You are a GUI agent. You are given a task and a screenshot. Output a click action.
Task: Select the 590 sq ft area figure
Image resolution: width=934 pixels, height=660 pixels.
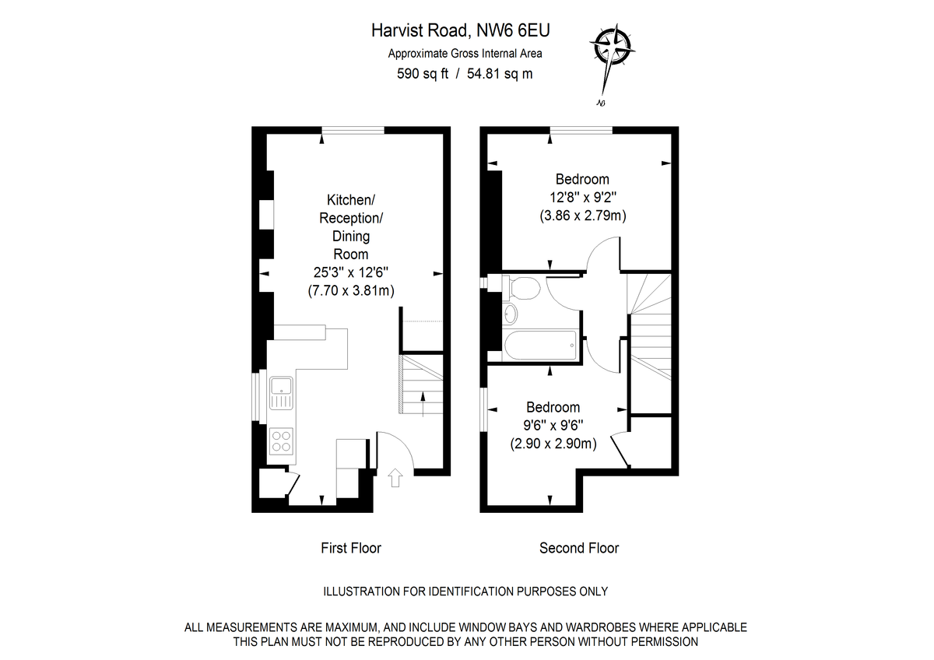[423, 74]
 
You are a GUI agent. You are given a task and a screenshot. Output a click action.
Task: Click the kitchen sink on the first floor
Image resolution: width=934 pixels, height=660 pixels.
[280, 392]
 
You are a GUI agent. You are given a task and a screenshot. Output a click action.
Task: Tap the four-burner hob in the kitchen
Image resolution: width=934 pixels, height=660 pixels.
[281, 441]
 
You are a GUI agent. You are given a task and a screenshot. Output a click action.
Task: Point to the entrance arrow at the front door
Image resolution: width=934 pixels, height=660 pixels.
[395, 477]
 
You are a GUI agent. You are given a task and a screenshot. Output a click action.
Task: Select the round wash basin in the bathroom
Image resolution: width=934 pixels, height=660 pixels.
[509, 314]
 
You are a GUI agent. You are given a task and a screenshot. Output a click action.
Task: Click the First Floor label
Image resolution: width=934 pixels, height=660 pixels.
[351, 548]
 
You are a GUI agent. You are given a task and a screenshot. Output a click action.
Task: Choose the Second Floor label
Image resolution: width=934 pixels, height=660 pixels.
[579, 548]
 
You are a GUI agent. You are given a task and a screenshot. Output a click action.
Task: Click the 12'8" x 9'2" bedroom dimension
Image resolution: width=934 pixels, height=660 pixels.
[583, 198]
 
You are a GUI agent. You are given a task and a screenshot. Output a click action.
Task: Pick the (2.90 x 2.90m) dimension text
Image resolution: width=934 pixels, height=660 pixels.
[553, 444]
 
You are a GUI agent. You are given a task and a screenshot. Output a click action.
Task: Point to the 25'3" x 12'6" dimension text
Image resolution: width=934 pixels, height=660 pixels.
[350, 273]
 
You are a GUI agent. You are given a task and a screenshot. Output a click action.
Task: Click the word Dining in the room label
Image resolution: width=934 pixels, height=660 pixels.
[350, 236]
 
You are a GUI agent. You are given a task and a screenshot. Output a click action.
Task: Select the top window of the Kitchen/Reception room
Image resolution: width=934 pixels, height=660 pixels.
[353, 131]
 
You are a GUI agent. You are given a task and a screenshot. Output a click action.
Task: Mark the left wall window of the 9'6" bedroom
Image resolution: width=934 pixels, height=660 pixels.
[483, 408]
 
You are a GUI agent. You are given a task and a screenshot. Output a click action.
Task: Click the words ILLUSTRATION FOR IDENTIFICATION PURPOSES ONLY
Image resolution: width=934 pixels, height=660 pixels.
[465, 592]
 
